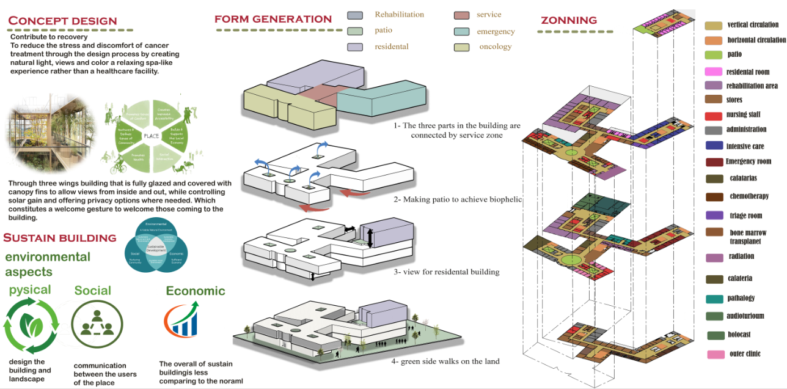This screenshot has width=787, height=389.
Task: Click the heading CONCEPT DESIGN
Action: pyautogui.click(x=62, y=21)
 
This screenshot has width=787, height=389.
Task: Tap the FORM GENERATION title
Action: pyautogui.click(x=273, y=20)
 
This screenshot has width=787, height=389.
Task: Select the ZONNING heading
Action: pyautogui.click(x=569, y=21)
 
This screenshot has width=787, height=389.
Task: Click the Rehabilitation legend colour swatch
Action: pyautogui.click(x=356, y=15)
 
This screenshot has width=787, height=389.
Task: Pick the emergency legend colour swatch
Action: pyautogui.click(x=462, y=32)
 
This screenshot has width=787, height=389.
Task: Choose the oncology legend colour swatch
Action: pyautogui.click(x=462, y=47)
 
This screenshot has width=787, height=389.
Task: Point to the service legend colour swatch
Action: pyautogui.click(x=462, y=15)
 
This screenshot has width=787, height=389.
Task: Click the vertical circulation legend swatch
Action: pyautogui.click(x=713, y=25)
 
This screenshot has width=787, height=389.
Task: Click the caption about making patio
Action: pyautogui.click(x=457, y=199)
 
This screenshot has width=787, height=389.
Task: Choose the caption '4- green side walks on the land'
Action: pyautogui.click(x=445, y=361)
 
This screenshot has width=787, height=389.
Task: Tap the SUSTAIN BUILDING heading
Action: pyautogui.click(x=60, y=238)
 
